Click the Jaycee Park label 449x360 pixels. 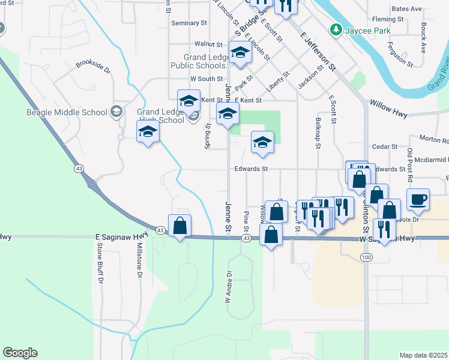coord(367,31)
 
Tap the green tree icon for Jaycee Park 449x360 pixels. coord(336,29)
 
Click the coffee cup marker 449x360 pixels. coord(418,199)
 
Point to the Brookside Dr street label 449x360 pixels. coord(93,67)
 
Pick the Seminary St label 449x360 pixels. coord(189,23)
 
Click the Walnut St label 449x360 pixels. coord(208,44)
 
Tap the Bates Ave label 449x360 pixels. coord(406,9)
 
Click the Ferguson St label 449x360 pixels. coord(400,54)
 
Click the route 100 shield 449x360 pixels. coord(366,257)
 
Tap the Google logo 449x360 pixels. coord(20,353)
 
